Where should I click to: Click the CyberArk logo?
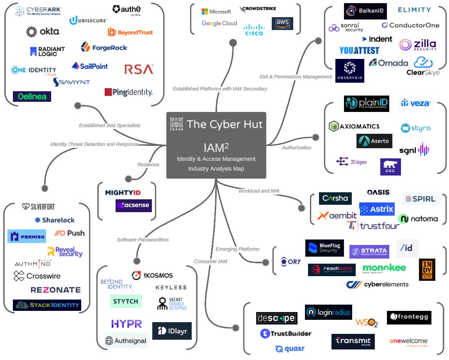pos(38,11)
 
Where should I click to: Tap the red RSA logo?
pos(139,69)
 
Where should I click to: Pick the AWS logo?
pos(282,24)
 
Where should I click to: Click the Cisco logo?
pos(254,30)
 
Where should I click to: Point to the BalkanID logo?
pos(365,11)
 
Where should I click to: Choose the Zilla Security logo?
pos(417,44)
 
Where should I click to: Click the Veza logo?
pos(416,103)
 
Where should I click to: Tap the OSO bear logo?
pos(390,167)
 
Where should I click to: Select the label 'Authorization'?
pos(296,147)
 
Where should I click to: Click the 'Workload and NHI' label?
pos(259,191)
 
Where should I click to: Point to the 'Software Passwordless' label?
pos(143,239)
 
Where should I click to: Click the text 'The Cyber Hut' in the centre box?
pos(224,124)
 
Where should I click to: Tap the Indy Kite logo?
pos(427,270)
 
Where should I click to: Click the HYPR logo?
pos(126,324)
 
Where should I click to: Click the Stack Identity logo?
pos(47,305)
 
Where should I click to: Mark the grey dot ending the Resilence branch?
pos(128,179)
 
